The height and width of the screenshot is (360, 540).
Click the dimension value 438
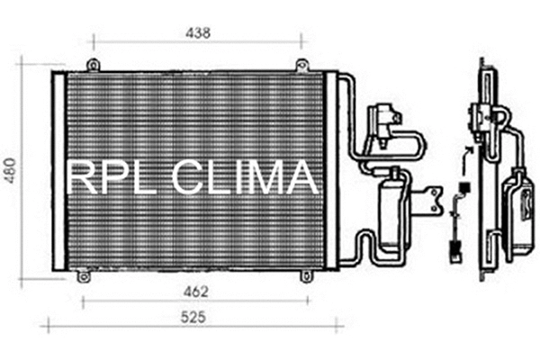tap(197, 33)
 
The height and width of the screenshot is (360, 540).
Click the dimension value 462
tap(196, 291)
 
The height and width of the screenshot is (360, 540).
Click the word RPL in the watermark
tap(106, 177)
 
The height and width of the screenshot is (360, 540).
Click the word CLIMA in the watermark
tap(243, 177)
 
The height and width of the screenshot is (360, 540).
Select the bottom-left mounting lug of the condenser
tap(84, 276)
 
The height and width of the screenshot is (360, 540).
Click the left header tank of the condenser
tap(59, 171)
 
